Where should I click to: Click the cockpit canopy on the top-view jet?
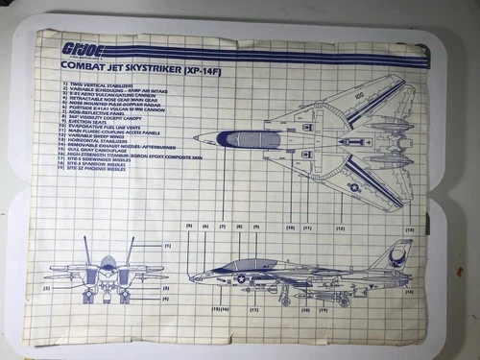point(241,139)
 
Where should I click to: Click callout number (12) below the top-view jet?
point(340,228)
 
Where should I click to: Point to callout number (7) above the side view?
point(222,227)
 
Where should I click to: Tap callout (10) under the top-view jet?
point(290,228)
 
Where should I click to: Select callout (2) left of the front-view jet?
point(46,288)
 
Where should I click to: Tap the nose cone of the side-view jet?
point(197,277)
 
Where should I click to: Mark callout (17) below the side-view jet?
point(254,311)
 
